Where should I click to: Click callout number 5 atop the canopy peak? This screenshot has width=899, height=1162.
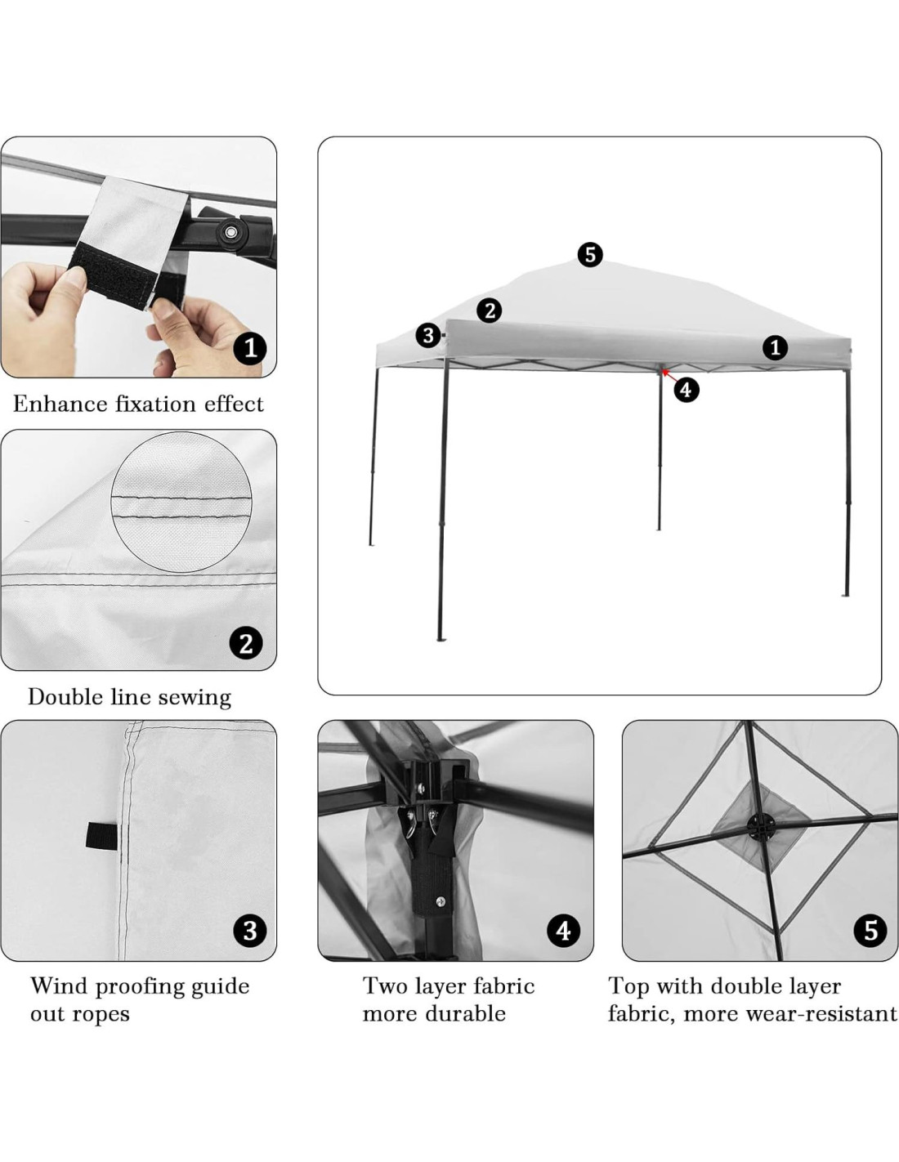click(x=589, y=254)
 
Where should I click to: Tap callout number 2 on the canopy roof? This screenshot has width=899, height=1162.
click(x=490, y=311)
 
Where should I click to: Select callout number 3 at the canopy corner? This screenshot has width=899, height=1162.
click(x=428, y=335)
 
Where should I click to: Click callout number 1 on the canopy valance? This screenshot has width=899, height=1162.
click(x=775, y=348)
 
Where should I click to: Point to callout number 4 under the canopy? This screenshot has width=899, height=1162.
click(x=686, y=390)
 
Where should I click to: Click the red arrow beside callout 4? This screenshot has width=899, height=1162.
click(x=666, y=374)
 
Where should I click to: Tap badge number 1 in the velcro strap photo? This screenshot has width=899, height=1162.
click(x=250, y=349)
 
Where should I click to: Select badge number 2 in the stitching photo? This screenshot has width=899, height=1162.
click(x=246, y=643)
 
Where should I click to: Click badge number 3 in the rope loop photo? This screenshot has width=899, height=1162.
click(x=250, y=931)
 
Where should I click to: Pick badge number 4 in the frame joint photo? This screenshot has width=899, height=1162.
click(x=563, y=931)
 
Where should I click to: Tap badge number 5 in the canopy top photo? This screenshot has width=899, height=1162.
click(x=870, y=931)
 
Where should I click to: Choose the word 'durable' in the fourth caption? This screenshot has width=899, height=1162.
click(x=470, y=1014)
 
